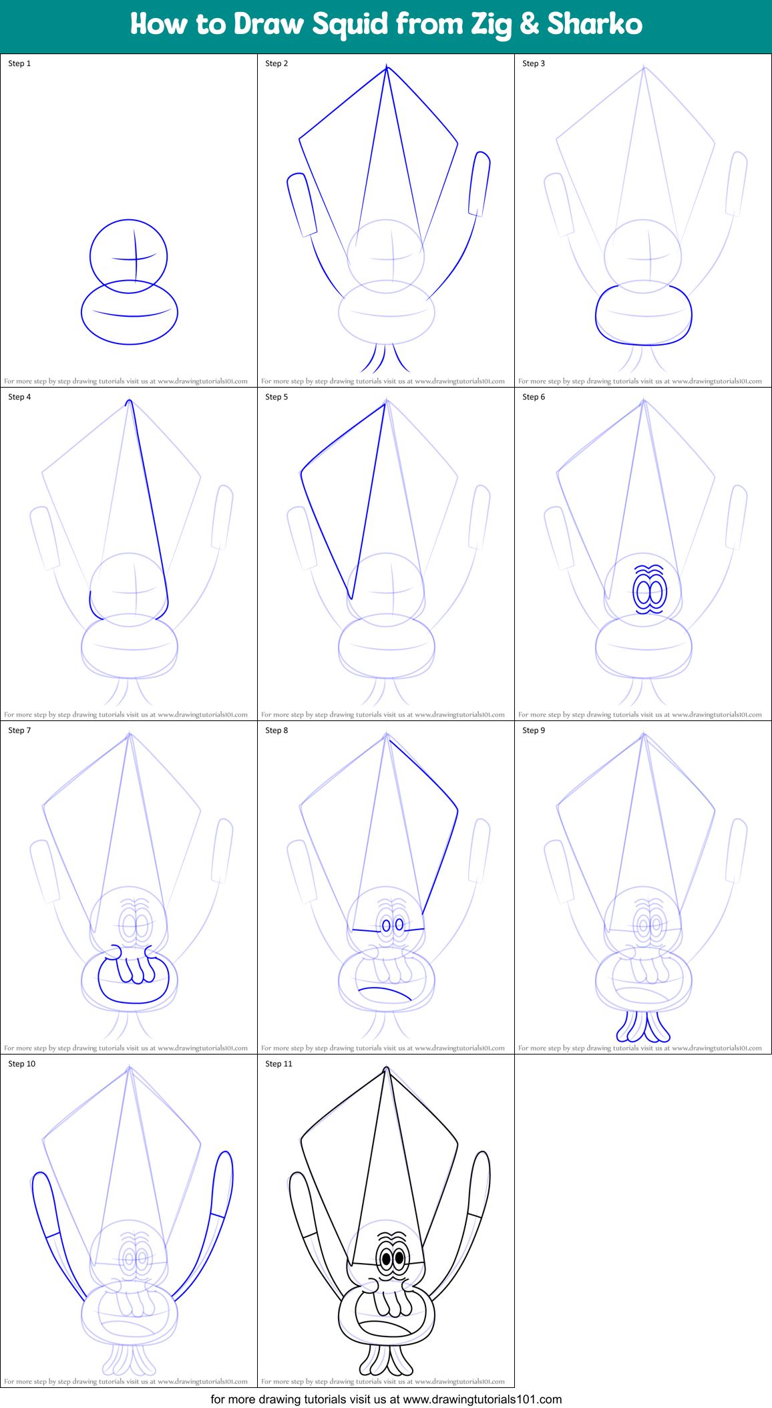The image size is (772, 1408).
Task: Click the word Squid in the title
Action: pyautogui.click(x=350, y=25)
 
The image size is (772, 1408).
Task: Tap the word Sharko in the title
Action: pyautogui.click(x=594, y=24)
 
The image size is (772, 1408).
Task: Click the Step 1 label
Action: pyautogui.click(x=19, y=63)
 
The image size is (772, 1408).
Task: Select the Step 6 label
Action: pyautogui.click(x=534, y=397)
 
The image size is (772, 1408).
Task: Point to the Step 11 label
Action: pyautogui.click(x=278, y=1064)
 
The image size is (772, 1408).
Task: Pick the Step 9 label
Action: pyautogui.click(x=534, y=730)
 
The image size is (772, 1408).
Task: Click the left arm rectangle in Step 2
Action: pyautogui.click(x=302, y=204)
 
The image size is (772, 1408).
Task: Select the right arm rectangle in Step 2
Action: pyautogui.click(x=479, y=184)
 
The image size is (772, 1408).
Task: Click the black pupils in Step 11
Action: pyautogui.click(x=393, y=1259)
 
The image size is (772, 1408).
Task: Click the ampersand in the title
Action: pyautogui.click(x=529, y=25)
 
